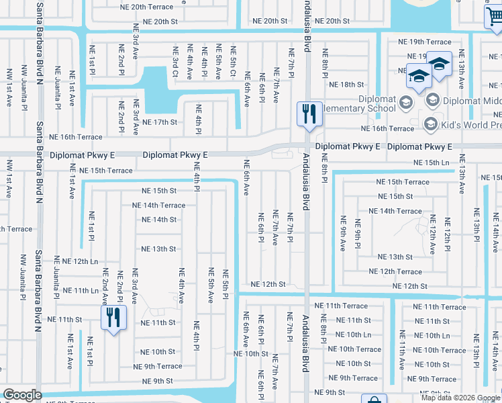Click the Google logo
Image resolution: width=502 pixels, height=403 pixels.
22,396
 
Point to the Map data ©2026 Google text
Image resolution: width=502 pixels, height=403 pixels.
461,398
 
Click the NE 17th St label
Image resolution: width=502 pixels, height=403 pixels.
160,122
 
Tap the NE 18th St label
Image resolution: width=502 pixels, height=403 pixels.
346,85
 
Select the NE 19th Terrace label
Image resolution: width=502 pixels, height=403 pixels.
425,42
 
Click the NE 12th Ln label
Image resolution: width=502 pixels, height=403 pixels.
76,261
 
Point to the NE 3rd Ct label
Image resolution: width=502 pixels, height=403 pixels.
174,62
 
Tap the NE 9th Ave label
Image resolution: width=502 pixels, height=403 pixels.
343,233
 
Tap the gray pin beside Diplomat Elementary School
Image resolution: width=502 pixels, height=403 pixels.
405,103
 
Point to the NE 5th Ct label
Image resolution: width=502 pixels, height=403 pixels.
233,62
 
